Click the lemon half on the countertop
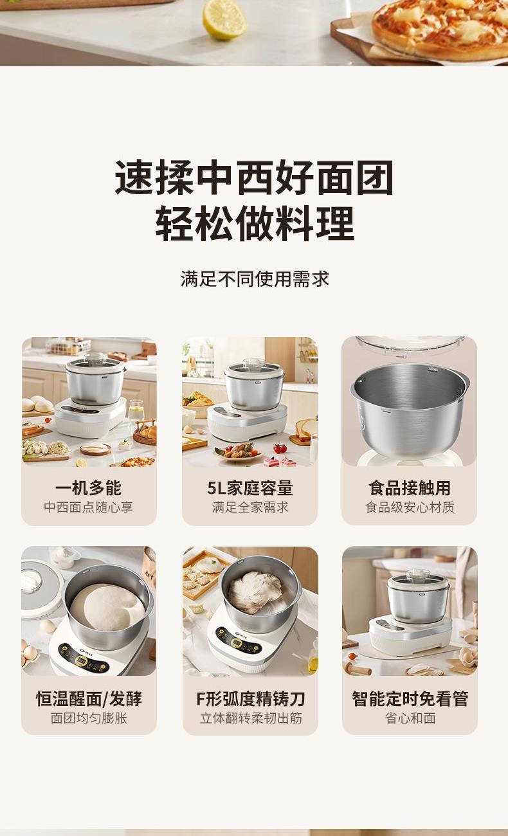[224, 19]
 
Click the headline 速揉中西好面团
[254, 177]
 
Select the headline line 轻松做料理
[255, 224]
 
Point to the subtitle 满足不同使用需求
[255, 279]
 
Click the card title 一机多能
[89, 488]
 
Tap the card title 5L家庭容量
[249, 488]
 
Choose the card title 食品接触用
[410, 488]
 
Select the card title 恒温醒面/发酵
[89, 698]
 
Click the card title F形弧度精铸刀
[250, 698]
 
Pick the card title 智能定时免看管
[410, 698]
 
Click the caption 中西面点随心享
[89, 507]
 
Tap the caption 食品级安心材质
[410, 507]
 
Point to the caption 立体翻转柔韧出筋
[251, 718]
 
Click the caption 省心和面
[410, 718]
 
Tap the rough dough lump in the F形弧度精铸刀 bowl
[255, 592]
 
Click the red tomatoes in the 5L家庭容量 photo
[280, 448]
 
